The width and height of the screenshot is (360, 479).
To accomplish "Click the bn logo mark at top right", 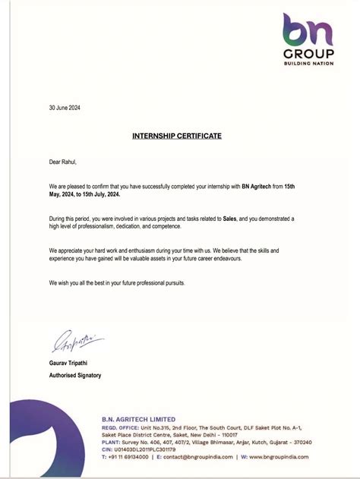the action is click(308, 31).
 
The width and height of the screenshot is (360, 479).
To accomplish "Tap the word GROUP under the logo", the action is click(308, 55).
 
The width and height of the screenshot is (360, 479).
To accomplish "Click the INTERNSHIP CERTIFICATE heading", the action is click(177, 135).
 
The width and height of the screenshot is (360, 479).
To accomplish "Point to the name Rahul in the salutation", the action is click(68, 162).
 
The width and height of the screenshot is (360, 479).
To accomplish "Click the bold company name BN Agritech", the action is click(260, 186).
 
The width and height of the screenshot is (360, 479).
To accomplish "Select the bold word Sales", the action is click(230, 219).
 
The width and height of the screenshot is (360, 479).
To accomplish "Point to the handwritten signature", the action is click(76, 342).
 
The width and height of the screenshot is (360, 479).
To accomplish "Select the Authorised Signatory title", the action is click(75, 375).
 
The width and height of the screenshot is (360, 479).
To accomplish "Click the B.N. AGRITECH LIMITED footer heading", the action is click(138, 419).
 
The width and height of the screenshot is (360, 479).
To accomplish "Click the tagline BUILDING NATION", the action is click(308, 64).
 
